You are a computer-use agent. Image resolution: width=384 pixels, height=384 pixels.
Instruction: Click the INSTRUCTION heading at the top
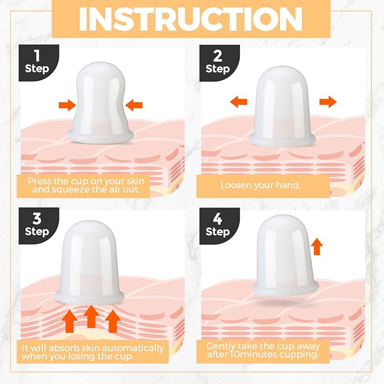[191, 19]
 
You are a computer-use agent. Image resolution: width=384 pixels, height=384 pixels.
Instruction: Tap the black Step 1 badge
[38, 62]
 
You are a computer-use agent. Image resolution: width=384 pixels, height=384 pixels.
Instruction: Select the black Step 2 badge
[219, 63]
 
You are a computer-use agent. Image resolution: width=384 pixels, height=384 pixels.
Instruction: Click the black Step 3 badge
[38, 226]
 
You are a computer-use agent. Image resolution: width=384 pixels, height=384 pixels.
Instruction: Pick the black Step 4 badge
[219, 226]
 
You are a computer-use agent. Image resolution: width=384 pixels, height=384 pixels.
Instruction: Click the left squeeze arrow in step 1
[67, 105]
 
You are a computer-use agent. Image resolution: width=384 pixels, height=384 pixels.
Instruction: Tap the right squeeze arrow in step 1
[133, 105]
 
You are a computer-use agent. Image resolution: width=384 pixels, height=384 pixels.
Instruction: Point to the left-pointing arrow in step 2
[239, 102]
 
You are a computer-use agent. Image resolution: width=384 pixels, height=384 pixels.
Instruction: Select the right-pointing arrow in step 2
[328, 102]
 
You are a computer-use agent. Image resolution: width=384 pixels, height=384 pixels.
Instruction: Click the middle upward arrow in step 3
[91, 316]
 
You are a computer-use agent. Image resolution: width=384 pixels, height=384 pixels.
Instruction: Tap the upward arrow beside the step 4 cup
[317, 247]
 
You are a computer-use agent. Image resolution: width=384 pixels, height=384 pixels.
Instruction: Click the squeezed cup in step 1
[101, 103]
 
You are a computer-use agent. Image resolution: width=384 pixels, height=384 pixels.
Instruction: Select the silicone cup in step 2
[282, 107]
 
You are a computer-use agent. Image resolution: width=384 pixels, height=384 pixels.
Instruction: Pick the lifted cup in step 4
[286, 256]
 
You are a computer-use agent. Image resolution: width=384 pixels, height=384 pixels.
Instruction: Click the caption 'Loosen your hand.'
[260, 185]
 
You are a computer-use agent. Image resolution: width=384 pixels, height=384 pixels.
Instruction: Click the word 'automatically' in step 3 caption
[132, 348]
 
